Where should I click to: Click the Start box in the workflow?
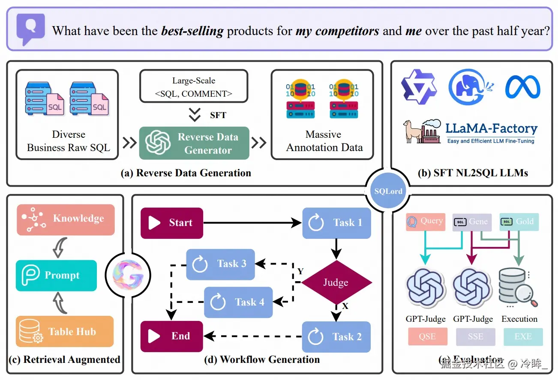171,223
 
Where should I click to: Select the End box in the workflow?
171,336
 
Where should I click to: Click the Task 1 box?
336,223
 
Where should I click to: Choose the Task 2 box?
336,337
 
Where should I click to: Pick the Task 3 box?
220,264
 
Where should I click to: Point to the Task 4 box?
238,302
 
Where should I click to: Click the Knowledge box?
66,219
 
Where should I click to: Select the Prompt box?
56,275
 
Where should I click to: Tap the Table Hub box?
65,332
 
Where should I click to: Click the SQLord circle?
388,191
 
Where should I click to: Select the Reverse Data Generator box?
194,143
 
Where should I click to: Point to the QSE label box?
427,337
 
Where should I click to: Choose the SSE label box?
475,337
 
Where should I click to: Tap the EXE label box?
523,337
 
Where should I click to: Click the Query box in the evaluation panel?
426,222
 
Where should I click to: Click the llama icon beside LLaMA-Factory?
412,131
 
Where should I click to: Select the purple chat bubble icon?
30,29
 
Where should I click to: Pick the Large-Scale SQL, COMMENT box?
194,87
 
